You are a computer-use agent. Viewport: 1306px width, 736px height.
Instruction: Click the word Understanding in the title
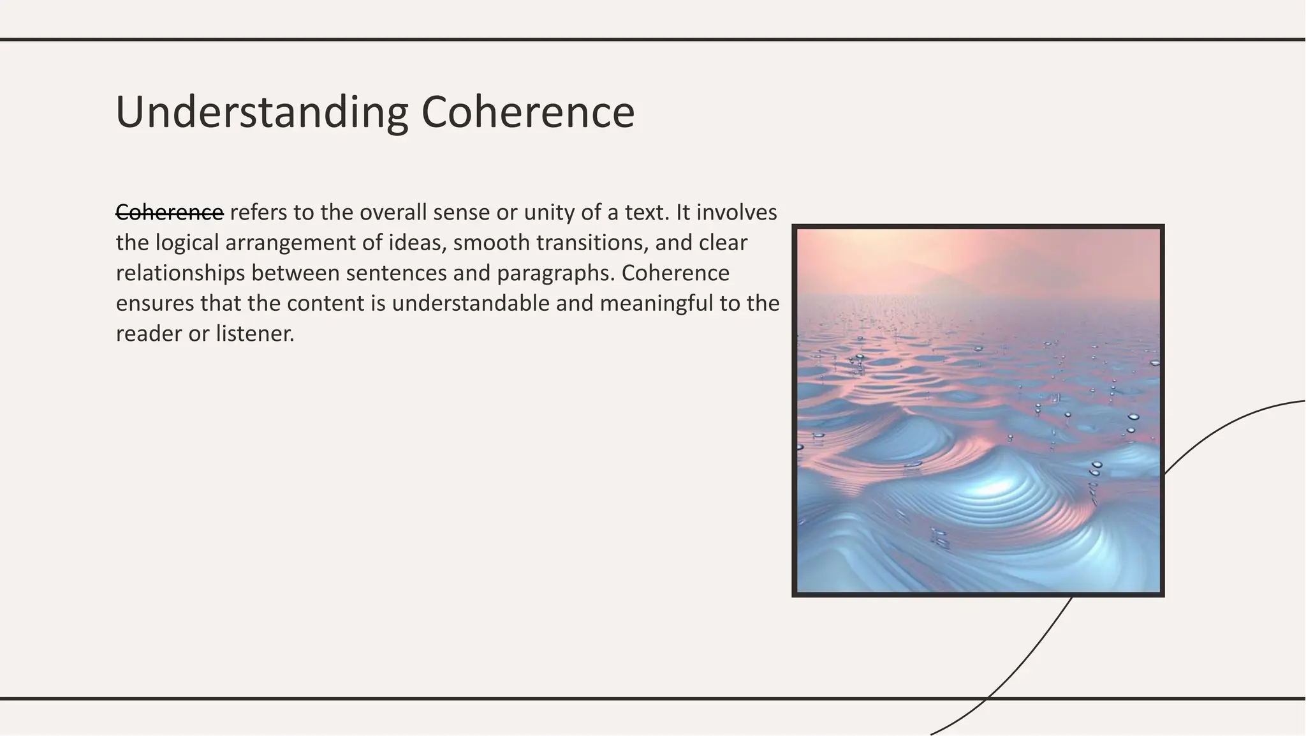261,112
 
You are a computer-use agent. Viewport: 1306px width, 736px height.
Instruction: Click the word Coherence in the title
527,112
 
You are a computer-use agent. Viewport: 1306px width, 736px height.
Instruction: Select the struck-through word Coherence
170,213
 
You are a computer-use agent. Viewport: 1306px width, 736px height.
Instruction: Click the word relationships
180,273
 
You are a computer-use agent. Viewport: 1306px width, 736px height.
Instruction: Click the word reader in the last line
149,333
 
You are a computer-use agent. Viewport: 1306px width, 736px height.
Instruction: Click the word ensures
154,303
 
